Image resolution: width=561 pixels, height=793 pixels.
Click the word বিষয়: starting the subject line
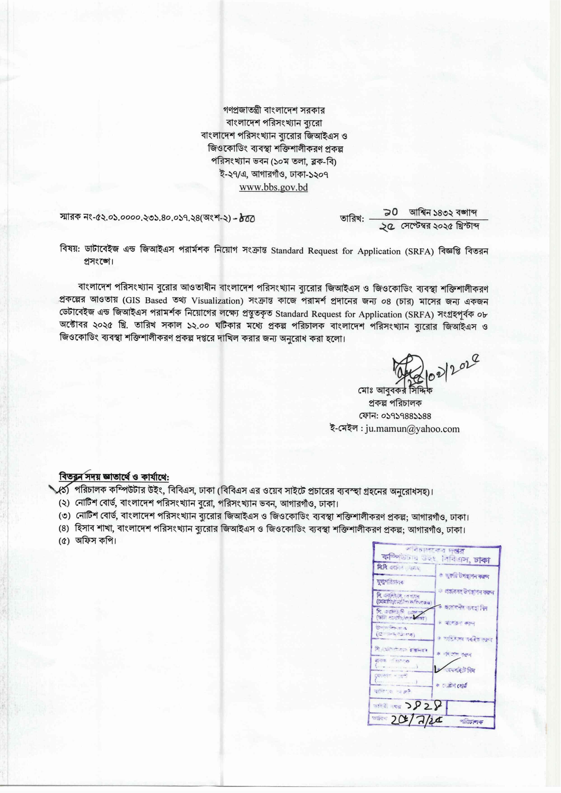tap(70, 250)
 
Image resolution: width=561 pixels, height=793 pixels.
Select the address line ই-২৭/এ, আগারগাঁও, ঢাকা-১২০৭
tap(273, 174)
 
